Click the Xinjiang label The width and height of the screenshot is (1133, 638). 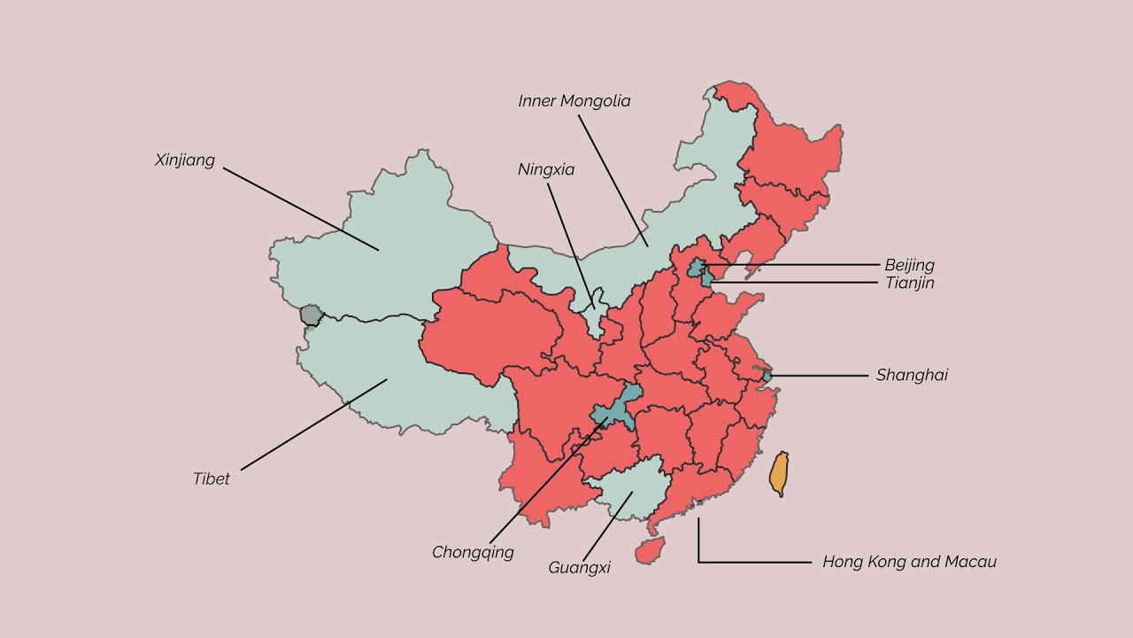(185, 160)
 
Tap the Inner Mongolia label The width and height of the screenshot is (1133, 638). (574, 101)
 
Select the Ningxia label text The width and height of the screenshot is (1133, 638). (546, 169)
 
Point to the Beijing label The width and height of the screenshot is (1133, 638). (909, 265)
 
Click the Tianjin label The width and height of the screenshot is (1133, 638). (909, 283)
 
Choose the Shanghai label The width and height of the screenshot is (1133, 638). (912, 375)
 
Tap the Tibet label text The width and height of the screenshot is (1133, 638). (212, 479)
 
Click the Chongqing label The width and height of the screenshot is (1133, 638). (473, 553)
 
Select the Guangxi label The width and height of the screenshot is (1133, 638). (579, 568)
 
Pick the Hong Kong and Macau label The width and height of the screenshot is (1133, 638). (909, 562)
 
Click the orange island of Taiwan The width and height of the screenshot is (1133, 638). (779, 473)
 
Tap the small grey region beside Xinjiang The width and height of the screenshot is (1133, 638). (311, 315)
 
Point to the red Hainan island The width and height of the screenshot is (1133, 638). (651, 550)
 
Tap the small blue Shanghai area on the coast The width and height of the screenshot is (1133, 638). (767, 377)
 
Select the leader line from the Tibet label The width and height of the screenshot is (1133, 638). (314, 424)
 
